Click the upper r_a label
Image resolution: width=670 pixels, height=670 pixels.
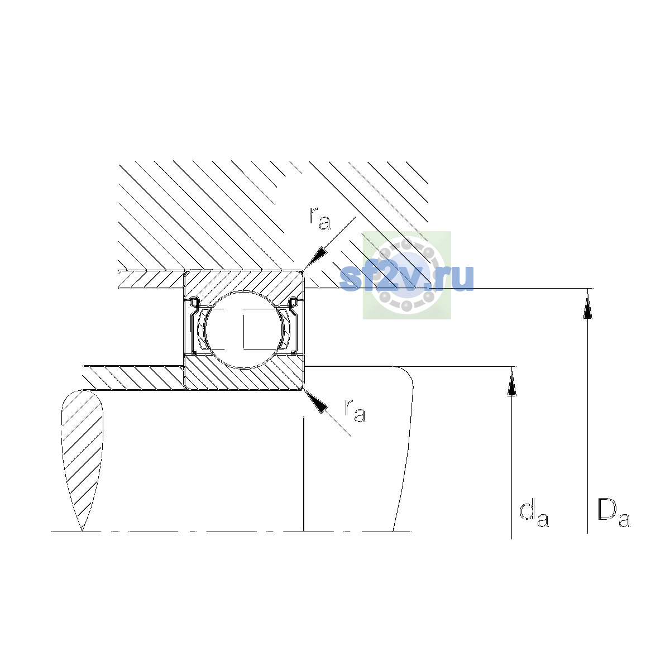coord(319,218)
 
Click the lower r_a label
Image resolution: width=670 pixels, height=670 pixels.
coord(355,410)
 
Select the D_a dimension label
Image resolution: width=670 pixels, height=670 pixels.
coord(614,514)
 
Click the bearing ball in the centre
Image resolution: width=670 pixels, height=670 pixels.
coord(244,329)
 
